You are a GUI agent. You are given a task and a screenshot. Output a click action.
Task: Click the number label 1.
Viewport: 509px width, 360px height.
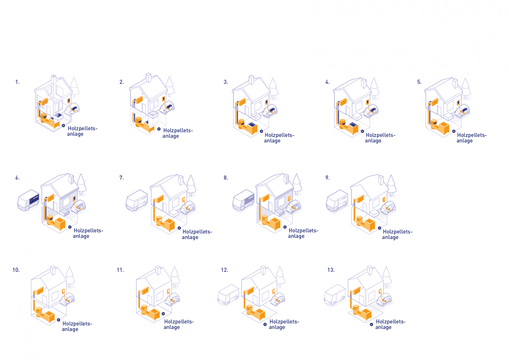tap(17, 82)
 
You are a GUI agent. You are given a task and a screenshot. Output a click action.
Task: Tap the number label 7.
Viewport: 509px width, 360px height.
tap(122, 178)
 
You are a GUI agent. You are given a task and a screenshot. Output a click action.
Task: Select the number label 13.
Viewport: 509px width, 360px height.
tap(331, 270)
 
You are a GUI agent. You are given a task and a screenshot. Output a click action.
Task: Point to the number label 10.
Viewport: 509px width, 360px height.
tap(16, 270)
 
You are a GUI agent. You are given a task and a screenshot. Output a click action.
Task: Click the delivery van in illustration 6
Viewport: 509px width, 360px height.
tap(28, 200)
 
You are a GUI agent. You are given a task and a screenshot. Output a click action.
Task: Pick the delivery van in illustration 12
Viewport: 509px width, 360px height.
tap(228, 295)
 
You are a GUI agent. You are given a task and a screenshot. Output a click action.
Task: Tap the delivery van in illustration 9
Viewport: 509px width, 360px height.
tap(337, 201)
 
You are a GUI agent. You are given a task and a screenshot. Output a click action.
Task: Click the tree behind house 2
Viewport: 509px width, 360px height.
tap(170, 86)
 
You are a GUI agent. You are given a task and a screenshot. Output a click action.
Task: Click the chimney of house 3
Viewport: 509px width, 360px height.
tap(251, 80)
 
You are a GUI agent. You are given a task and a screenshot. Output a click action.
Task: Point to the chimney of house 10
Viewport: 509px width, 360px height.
tap(53, 270)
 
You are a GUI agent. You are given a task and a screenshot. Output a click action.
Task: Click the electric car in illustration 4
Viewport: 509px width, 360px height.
tap(371, 111)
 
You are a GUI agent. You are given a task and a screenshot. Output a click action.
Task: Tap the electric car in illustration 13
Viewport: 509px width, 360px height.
tap(384, 300)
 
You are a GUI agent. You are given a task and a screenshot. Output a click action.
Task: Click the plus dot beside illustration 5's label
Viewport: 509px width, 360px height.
tap(454, 131)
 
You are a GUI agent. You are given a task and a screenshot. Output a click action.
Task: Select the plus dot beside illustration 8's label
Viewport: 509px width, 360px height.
tap(285, 227)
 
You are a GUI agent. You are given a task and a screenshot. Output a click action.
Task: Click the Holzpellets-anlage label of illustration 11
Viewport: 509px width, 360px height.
tap(179, 324)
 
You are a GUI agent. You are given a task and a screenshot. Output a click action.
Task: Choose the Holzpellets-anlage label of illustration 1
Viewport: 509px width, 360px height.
tap(82, 131)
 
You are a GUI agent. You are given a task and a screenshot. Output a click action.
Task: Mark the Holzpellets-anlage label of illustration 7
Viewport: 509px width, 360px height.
tap(197, 234)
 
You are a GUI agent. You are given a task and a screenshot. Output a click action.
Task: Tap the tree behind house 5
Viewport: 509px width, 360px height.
tap(466, 88)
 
